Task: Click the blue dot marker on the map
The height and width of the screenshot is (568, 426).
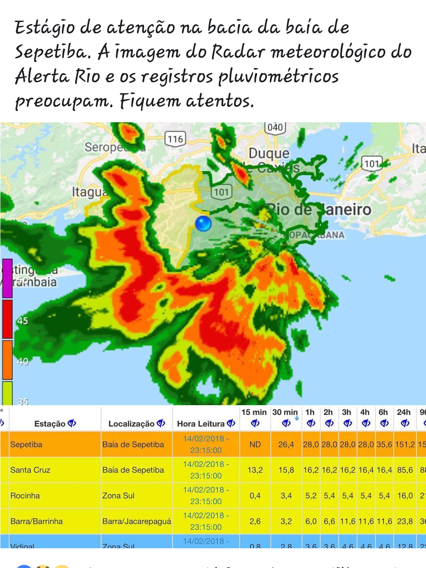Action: (203, 223)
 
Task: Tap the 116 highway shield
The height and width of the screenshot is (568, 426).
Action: (175, 139)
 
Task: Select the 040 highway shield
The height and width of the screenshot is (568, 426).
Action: (275, 127)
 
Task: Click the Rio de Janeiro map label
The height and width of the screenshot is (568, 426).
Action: (319, 209)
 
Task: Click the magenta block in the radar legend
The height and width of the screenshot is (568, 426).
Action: (7, 278)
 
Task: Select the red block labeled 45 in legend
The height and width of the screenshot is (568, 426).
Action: (7, 319)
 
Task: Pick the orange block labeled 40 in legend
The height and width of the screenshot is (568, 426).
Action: (7, 360)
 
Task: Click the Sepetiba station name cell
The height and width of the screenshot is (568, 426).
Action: (26, 445)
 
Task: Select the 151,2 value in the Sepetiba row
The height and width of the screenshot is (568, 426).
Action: (405, 445)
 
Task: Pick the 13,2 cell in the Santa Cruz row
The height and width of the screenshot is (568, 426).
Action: (255, 470)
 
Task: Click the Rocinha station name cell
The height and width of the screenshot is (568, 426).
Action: (25, 496)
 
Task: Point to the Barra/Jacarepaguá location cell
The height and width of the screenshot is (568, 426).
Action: (136, 521)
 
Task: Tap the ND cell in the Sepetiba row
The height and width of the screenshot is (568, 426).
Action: (255, 445)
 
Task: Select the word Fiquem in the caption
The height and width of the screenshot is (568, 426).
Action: (150, 101)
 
